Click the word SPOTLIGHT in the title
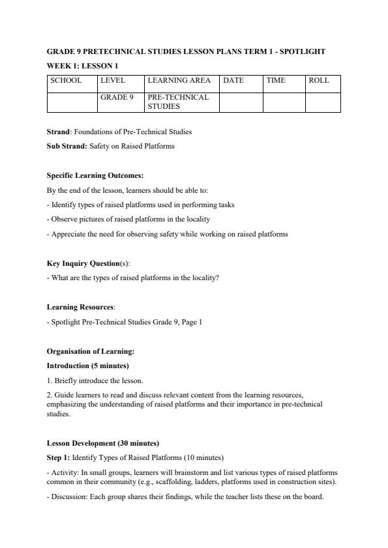click(x=301, y=51)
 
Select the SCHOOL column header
click(x=66, y=81)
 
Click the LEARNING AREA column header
click(x=179, y=81)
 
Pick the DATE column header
click(x=233, y=81)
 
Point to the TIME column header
click(x=276, y=81)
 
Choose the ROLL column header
click(x=320, y=81)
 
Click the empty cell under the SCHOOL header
click(x=72, y=102)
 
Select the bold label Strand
click(x=58, y=132)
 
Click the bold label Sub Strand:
click(x=67, y=146)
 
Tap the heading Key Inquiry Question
click(x=83, y=263)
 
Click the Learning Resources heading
click(x=80, y=306)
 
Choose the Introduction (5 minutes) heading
click(x=87, y=366)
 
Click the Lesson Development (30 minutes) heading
click(x=103, y=443)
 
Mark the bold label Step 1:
click(x=58, y=457)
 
